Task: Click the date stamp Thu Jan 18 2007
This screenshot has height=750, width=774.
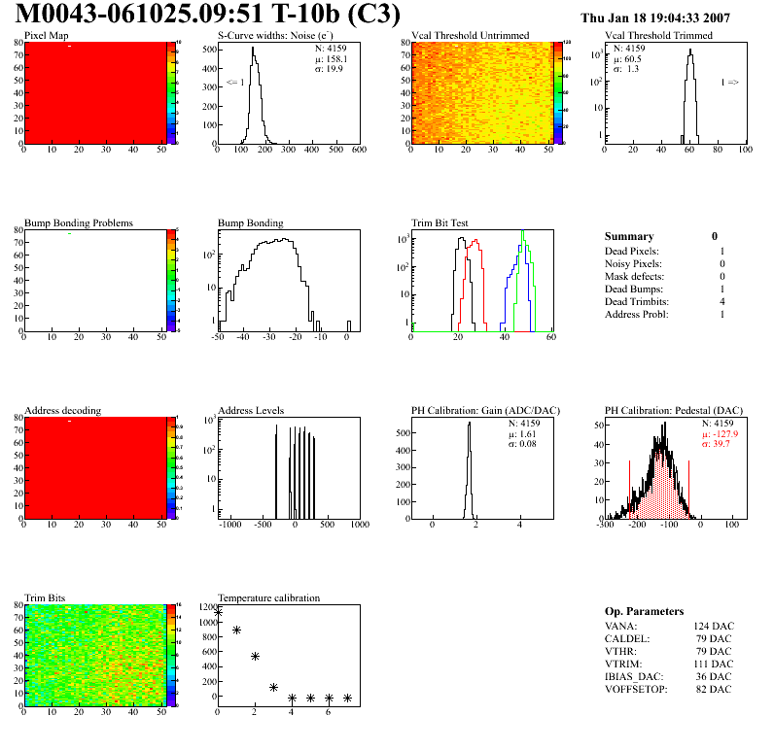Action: [x=654, y=17]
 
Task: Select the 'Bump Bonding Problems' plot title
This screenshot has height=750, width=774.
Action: [x=79, y=222]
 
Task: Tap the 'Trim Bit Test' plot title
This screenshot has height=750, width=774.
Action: [x=440, y=222]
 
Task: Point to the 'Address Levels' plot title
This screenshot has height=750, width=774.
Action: [x=251, y=410]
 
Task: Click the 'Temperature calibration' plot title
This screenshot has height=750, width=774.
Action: [x=269, y=597]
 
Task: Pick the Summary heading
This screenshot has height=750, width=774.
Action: [x=629, y=236]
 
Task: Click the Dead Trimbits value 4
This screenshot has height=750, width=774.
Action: [x=722, y=302]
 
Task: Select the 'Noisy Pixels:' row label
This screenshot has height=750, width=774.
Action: [x=633, y=263]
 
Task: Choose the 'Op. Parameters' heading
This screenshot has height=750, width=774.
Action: [x=644, y=611]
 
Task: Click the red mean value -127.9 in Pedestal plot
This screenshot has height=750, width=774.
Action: [x=721, y=433]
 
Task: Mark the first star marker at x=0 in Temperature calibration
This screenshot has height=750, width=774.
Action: [x=219, y=612]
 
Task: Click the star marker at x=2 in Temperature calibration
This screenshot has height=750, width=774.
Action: [x=256, y=657]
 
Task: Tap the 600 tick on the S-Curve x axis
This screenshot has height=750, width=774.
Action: [x=358, y=152]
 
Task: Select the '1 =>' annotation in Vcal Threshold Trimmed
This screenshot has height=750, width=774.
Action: [x=729, y=83]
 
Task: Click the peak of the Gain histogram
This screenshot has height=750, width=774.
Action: [x=469, y=424]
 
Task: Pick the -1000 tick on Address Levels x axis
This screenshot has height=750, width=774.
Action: [x=231, y=525]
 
